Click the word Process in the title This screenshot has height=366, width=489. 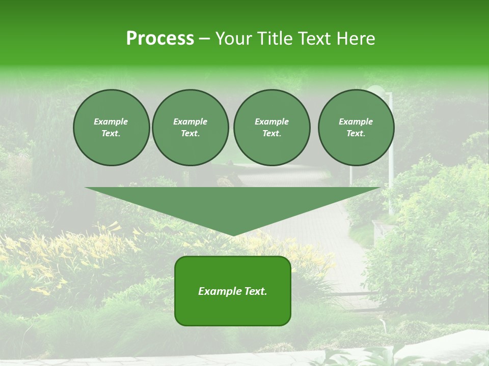(x=160, y=39)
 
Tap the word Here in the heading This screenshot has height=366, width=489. (x=356, y=39)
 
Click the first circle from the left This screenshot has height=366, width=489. (x=112, y=128)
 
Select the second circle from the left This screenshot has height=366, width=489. (x=191, y=128)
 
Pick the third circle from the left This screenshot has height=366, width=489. (x=271, y=128)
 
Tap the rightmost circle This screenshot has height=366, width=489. (x=356, y=128)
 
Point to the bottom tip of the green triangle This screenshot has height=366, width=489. (x=233, y=235)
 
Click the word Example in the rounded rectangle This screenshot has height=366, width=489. (x=220, y=291)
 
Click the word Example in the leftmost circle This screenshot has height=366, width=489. (x=111, y=121)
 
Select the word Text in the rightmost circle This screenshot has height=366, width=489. (x=356, y=134)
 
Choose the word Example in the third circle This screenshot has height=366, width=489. (x=271, y=121)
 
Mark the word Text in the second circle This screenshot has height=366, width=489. (x=190, y=134)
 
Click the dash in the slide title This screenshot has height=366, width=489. (x=204, y=39)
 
